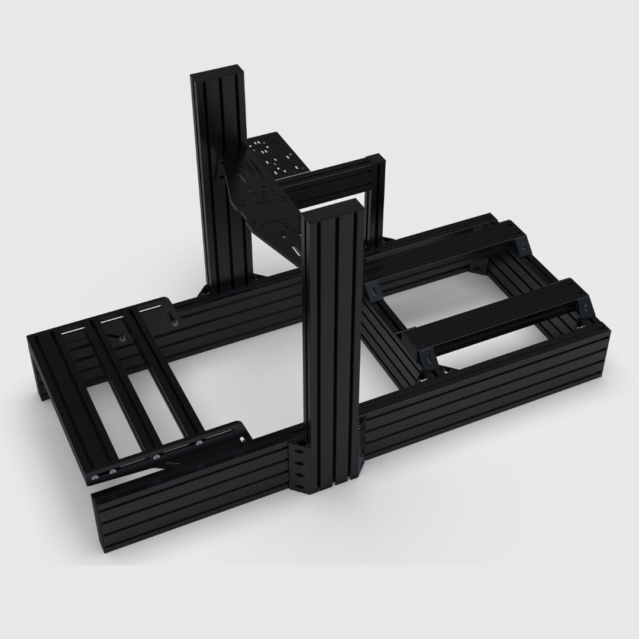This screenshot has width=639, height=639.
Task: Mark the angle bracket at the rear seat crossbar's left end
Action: pos(374,289)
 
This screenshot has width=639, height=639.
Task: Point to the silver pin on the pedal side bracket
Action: pos(175,319)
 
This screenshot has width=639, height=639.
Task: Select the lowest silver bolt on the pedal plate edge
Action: pos(95,476)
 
